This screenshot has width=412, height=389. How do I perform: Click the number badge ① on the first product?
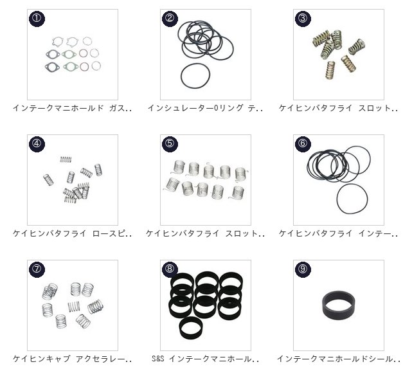coord(37,19)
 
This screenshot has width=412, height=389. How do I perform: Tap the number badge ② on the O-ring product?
coord(170,19)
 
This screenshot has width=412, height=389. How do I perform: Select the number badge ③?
coord(303,19)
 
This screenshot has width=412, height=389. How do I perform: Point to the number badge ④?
coord(37,144)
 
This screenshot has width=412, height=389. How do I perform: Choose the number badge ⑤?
coord(170,144)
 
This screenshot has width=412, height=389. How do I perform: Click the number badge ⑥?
coord(303,144)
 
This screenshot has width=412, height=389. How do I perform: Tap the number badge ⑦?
coord(37,269)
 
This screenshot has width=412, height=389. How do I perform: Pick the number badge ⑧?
coord(170,269)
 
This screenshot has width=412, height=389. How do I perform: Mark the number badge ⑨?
coord(303,269)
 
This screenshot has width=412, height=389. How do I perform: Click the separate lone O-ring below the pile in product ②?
coord(181,77)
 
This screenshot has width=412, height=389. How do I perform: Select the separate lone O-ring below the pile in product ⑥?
coord(337,199)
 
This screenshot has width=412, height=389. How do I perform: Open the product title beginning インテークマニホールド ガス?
coord(72,108)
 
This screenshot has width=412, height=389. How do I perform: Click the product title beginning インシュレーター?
coord(205,108)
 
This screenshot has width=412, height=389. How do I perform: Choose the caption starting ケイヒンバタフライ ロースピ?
coord(72,233)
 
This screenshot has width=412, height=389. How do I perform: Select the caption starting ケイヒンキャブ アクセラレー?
coord(72,359)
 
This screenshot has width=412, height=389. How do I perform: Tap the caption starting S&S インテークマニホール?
coord(205,359)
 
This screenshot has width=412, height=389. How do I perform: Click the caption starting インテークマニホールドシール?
coord(339,359)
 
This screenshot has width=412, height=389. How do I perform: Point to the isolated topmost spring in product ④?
coord(66,159)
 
